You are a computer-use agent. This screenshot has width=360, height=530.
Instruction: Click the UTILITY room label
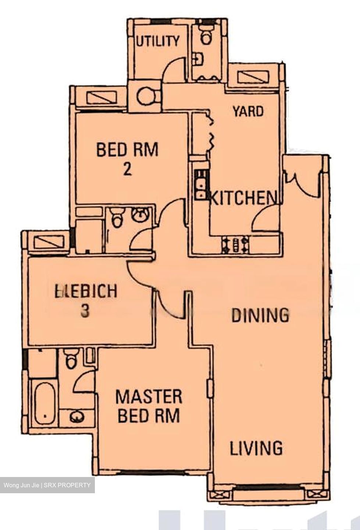(x=158, y=41)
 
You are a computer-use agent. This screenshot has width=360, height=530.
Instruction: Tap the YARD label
(x=248, y=111)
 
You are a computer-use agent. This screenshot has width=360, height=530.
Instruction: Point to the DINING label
(x=260, y=315)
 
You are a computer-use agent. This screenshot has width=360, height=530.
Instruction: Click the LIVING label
(x=256, y=448)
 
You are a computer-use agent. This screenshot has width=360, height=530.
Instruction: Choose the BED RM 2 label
(x=127, y=158)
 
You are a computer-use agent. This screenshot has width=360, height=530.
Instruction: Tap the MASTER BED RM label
(x=149, y=406)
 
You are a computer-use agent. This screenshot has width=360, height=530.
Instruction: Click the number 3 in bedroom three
(x=85, y=311)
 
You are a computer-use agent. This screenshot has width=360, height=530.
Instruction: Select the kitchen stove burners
(x=235, y=245)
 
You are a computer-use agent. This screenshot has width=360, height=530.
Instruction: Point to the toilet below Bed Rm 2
(x=117, y=218)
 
